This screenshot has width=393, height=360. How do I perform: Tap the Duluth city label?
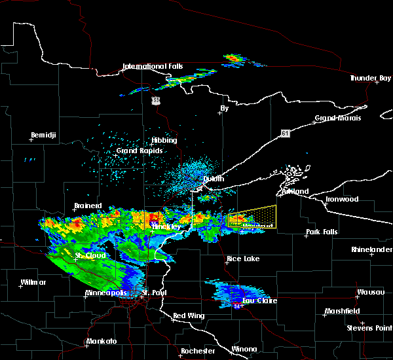pyautogui.click(x=213, y=179)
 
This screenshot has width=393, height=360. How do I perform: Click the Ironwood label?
pyautogui.click(x=343, y=199)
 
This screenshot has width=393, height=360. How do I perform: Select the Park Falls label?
pyautogui.click(x=322, y=232)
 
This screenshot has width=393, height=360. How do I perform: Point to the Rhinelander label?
pyautogui.click(x=371, y=249)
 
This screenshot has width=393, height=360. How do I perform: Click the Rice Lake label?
pyautogui.click(x=242, y=259)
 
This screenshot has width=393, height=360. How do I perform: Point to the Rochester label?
pyautogui.click(x=198, y=351)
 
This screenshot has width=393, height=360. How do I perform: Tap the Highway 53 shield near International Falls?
pyautogui.click(x=155, y=100)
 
